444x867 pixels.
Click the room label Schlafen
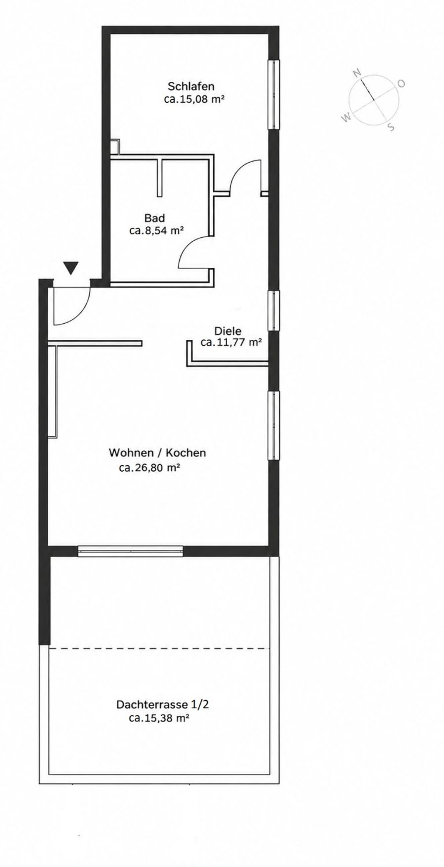tap(191, 86)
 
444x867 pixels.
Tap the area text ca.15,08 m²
tap(195, 99)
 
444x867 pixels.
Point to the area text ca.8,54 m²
tap(156, 231)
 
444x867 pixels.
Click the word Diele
tap(228, 331)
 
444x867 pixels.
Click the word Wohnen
tap(128, 453)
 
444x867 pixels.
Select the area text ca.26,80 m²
tap(150, 468)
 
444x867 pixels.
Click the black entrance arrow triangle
tap(71, 268)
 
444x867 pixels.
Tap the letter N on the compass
tap(357, 72)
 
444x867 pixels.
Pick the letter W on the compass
tap(346, 117)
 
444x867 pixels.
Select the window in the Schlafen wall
tap(275, 95)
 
